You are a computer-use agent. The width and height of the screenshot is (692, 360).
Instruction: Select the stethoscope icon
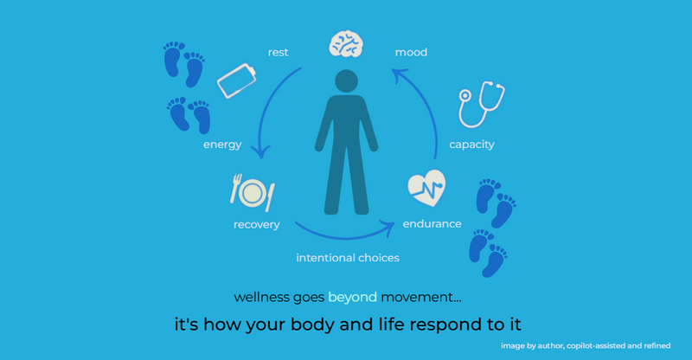[481, 104]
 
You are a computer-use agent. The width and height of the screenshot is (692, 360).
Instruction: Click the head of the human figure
[346, 84]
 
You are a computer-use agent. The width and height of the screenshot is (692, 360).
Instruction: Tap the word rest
[278, 53]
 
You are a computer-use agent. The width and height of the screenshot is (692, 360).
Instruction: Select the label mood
[411, 53]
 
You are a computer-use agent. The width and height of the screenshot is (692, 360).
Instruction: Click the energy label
[222, 145]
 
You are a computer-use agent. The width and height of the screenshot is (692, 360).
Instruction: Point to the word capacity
[471, 145]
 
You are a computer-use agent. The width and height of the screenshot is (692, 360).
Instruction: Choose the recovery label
[256, 225]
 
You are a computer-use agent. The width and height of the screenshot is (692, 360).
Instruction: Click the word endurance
[432, 225]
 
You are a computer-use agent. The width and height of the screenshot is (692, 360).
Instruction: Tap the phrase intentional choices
[348, 258]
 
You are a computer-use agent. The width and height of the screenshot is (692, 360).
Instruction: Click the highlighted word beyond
[352, 297]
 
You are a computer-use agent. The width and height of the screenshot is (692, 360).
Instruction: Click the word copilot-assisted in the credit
[593, 346]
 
